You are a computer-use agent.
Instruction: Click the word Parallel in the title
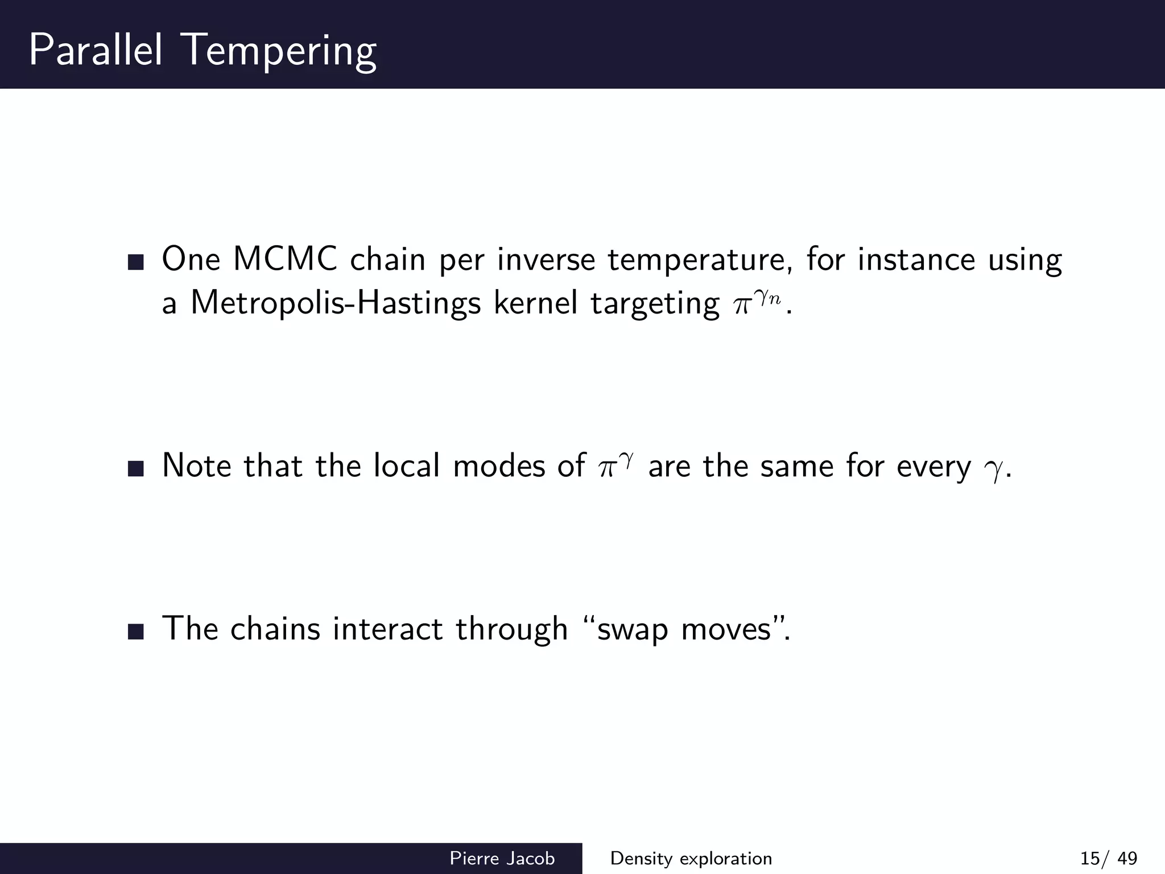coord(96,50)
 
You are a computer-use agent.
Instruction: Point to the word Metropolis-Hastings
coord(336,303)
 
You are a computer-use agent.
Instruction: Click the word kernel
coord(536,303)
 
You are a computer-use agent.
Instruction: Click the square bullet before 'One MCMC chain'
coord(136,262)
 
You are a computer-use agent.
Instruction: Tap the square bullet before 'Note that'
coord(136,469)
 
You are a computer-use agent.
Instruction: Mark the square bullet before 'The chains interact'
coord(136,632)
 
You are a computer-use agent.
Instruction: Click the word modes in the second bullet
coord(499,466)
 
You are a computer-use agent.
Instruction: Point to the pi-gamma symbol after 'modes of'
coord(615,466)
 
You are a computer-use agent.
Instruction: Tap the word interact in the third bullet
coord(387,629)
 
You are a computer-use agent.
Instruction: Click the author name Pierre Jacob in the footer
coord(502,858)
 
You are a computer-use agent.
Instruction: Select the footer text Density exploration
coord(691,858)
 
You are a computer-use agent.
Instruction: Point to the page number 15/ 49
coord(1109,858)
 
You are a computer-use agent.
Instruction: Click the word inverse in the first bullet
coord(546,259)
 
